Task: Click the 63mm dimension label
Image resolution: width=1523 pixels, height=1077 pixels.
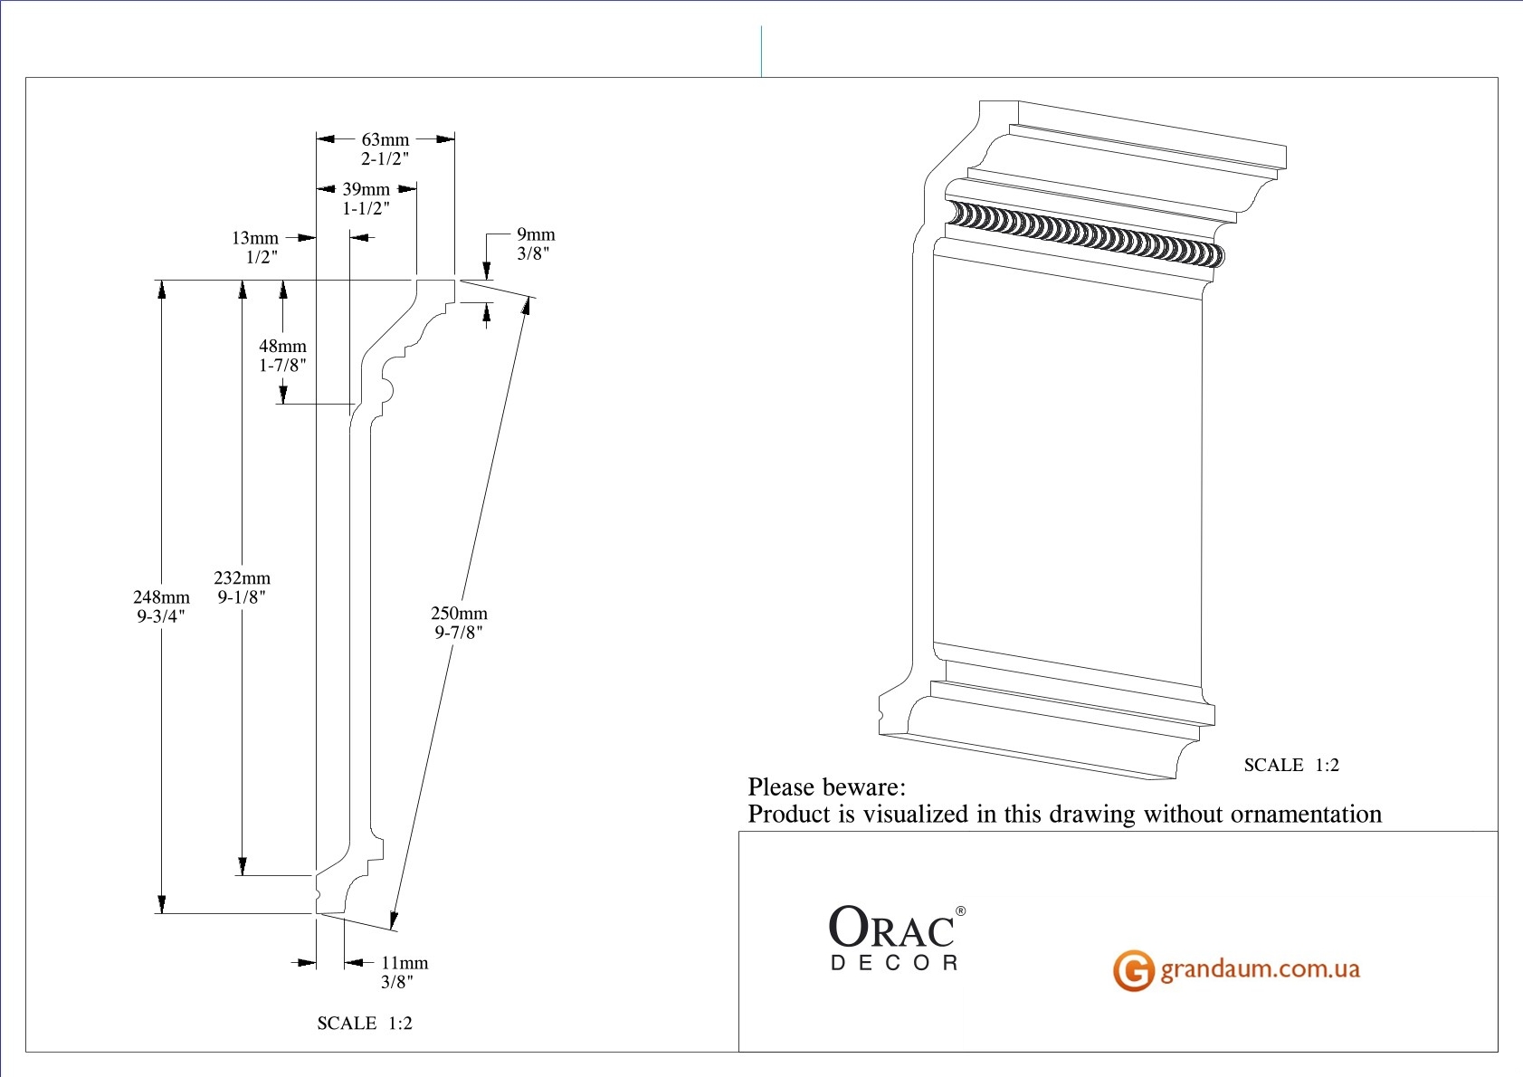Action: click(386, 139)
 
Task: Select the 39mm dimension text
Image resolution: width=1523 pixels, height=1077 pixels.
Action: click(366, 189)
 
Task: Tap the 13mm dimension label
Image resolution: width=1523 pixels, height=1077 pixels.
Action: click(255, 238)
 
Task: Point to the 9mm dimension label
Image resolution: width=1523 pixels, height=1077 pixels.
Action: click(536, 234)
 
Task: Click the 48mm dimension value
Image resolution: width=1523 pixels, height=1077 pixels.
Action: click(282, 346)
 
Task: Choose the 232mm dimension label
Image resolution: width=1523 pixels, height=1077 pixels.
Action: click(242, 577)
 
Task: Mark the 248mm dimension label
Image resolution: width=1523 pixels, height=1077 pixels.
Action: click(161, 596)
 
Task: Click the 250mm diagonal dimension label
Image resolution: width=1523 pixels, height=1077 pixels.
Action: click(459, 613)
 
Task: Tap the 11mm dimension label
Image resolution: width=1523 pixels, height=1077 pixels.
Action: click(405, 963)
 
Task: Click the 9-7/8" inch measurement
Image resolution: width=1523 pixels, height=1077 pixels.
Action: click(459, 633)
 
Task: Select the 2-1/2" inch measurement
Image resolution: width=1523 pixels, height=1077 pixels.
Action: click(386, 158)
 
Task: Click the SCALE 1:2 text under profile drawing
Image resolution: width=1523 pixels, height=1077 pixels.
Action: click(365, 1023)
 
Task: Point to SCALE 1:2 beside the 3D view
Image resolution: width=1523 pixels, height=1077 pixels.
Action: click(1291, 765)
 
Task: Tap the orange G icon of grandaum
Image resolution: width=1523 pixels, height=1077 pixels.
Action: click(1133, 970)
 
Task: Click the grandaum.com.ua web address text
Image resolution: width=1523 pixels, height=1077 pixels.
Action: click(1260, 969)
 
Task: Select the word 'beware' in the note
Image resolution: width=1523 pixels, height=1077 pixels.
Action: click(867, 786)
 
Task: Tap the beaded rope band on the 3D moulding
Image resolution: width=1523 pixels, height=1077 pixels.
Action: click(1086, 233)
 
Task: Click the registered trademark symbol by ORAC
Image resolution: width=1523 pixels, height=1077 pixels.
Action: click(960, 911)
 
